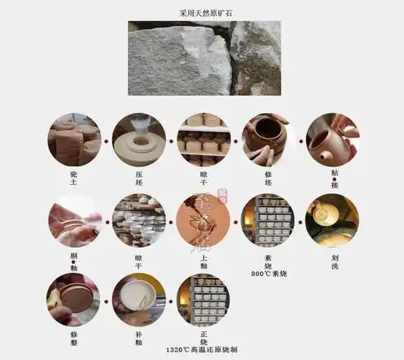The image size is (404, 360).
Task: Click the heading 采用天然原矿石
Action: point(202,13)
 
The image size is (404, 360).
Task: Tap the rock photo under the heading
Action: point(204,58)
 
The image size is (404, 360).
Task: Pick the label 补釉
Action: point(139,338)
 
